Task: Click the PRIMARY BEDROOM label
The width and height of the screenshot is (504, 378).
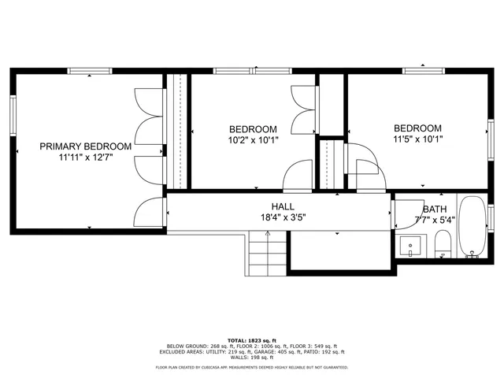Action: tap(86, 146)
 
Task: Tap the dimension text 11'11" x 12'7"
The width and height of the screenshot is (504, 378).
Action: tap(86, 157)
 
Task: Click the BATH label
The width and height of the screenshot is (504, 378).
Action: tap(434, 209)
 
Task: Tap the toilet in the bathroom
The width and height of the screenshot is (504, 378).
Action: tap(443, 245)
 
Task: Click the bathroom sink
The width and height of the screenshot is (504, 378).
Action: tap(410, 246)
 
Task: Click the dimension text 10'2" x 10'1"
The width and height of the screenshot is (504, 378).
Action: tap(253, 141)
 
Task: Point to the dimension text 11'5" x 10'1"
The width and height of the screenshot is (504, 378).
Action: tap(417, 139)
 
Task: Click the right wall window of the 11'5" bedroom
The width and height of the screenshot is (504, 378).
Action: tap(490, 135)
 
